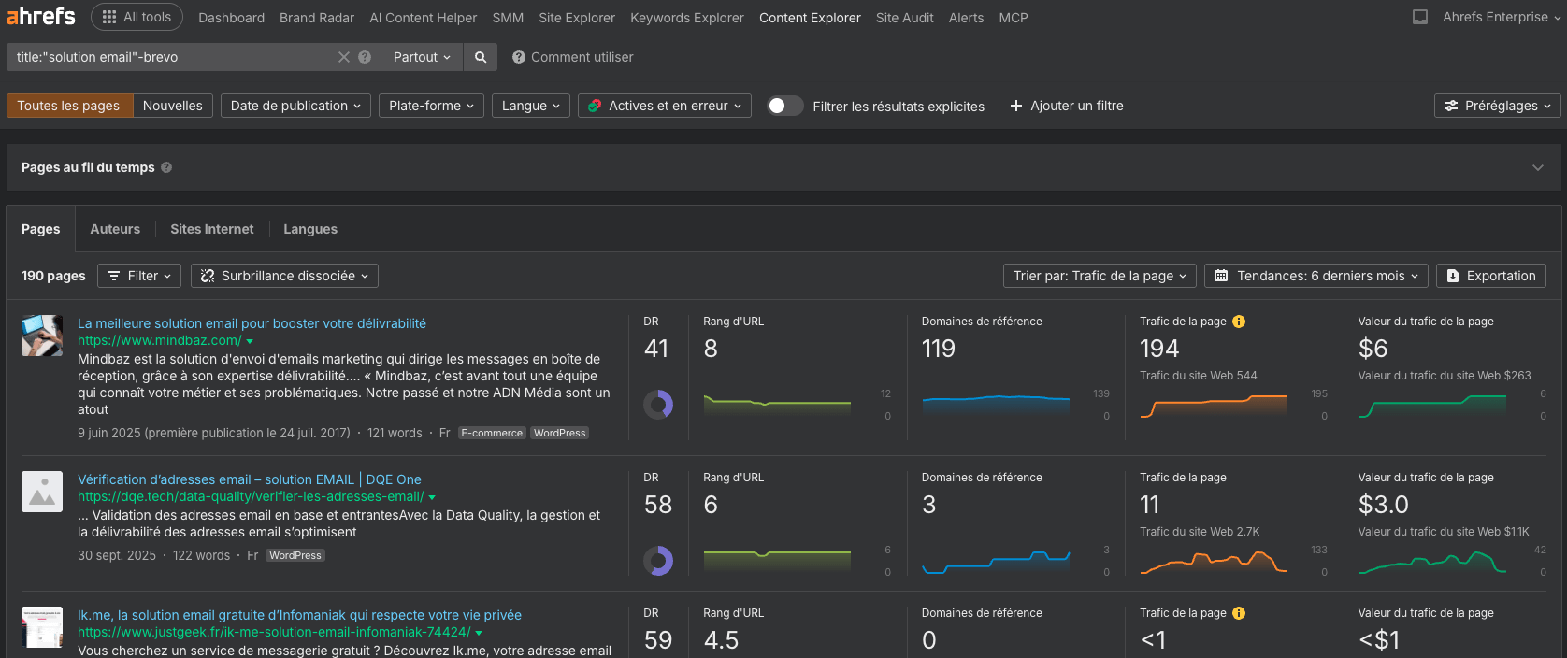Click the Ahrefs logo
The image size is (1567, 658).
point(41,17)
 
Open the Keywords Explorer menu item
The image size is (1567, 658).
point(687,18)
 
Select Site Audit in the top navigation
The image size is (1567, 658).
point(904,18)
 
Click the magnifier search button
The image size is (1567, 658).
point(481,57)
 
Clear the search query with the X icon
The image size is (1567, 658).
point(344,57)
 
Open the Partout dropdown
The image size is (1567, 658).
point(422,57)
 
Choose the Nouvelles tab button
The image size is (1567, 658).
point(173,106)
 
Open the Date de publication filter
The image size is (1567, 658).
point(295,106)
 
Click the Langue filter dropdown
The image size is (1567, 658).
point(530,106)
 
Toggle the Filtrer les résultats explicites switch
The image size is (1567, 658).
point(784,106)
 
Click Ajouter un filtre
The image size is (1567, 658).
point(1067,106)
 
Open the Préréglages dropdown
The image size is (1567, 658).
point(1498,106)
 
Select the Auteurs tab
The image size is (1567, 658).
point(115,229)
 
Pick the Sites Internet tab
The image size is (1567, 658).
point(211,229)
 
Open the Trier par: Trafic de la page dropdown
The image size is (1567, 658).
point(1100,276)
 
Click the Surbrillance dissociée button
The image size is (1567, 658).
point(284,276)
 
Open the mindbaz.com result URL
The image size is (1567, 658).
point(159,341)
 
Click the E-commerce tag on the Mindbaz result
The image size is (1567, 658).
point(492,434)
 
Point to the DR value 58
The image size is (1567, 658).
point(658,505)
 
